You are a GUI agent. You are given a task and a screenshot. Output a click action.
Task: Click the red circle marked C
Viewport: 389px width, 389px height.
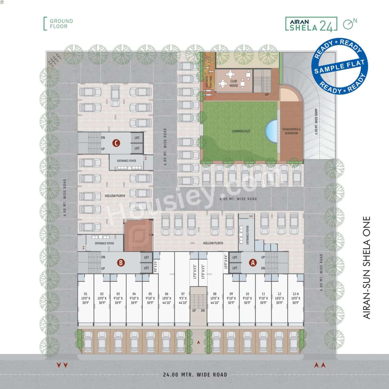[x=115, y=143]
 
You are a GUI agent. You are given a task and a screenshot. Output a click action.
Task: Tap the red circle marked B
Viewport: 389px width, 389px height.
[x=121, y=262]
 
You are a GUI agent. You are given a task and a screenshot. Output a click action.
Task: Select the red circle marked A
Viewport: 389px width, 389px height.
[x=253, y=263]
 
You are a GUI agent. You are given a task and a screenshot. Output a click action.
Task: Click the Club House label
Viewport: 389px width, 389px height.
[x=234, y=83]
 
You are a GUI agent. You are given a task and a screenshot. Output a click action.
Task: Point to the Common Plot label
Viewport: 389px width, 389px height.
[x=241, y=131]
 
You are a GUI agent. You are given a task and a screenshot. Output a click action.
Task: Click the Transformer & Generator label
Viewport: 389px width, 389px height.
[x=291, y=131]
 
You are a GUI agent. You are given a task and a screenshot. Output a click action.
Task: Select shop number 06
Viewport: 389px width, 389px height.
[x=167, y=298]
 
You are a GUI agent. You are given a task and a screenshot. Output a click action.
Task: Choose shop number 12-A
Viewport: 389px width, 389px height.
[x=296, y=298]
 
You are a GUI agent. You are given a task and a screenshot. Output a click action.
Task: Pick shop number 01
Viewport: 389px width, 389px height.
[x=86, y=298]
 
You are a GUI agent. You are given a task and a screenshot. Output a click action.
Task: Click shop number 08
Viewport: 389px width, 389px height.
[x=215, y=298]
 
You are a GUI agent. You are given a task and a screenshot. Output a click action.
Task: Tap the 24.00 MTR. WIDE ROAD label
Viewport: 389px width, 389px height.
[x=195, y=374]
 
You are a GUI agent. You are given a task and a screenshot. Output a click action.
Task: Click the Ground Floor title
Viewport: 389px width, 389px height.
[x=61, y=24]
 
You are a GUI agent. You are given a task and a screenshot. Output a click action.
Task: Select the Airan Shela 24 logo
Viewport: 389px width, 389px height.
[x=311, y=24]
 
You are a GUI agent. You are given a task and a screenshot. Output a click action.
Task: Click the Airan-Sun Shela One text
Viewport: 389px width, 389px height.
[x=367, y=267]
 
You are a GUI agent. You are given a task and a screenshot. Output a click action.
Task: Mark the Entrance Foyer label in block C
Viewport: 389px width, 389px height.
[x=127, y=161]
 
